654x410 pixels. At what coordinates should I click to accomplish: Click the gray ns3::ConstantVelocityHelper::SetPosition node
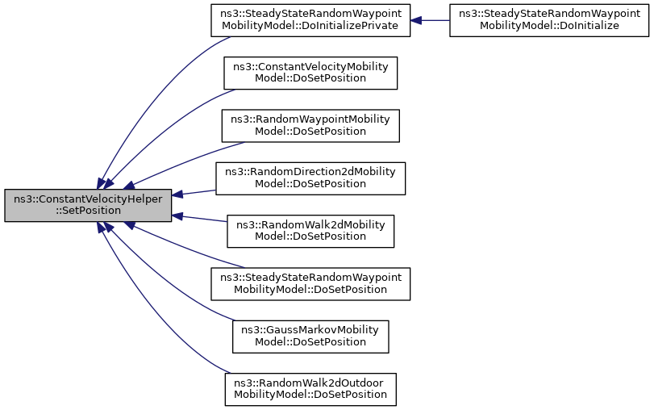point(88,205)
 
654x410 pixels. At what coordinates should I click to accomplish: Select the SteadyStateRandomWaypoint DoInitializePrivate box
point(310,20)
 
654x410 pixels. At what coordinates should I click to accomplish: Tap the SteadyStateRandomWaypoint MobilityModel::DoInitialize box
point(549,20)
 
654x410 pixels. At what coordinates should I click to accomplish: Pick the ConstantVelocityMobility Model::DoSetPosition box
point(310,73)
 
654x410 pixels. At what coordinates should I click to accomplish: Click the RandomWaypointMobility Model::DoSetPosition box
point(310,126)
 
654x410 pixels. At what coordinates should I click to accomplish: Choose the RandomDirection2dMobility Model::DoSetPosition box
point(310,178)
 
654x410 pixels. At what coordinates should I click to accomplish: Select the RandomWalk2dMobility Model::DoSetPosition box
point(310,232)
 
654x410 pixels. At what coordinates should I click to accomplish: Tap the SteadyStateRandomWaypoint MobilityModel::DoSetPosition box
point(310,284)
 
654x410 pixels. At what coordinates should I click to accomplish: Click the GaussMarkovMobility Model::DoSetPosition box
point(310,337)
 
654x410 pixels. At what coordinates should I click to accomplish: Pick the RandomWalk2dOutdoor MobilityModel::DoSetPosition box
point(310,390)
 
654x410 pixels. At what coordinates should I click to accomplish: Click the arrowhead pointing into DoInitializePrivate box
point(416,20)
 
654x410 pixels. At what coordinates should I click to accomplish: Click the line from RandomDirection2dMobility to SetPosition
point(194,192)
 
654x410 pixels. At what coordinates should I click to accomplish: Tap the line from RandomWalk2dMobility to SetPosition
point(199,219)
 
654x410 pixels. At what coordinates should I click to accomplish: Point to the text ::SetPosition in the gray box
point(88,211)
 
